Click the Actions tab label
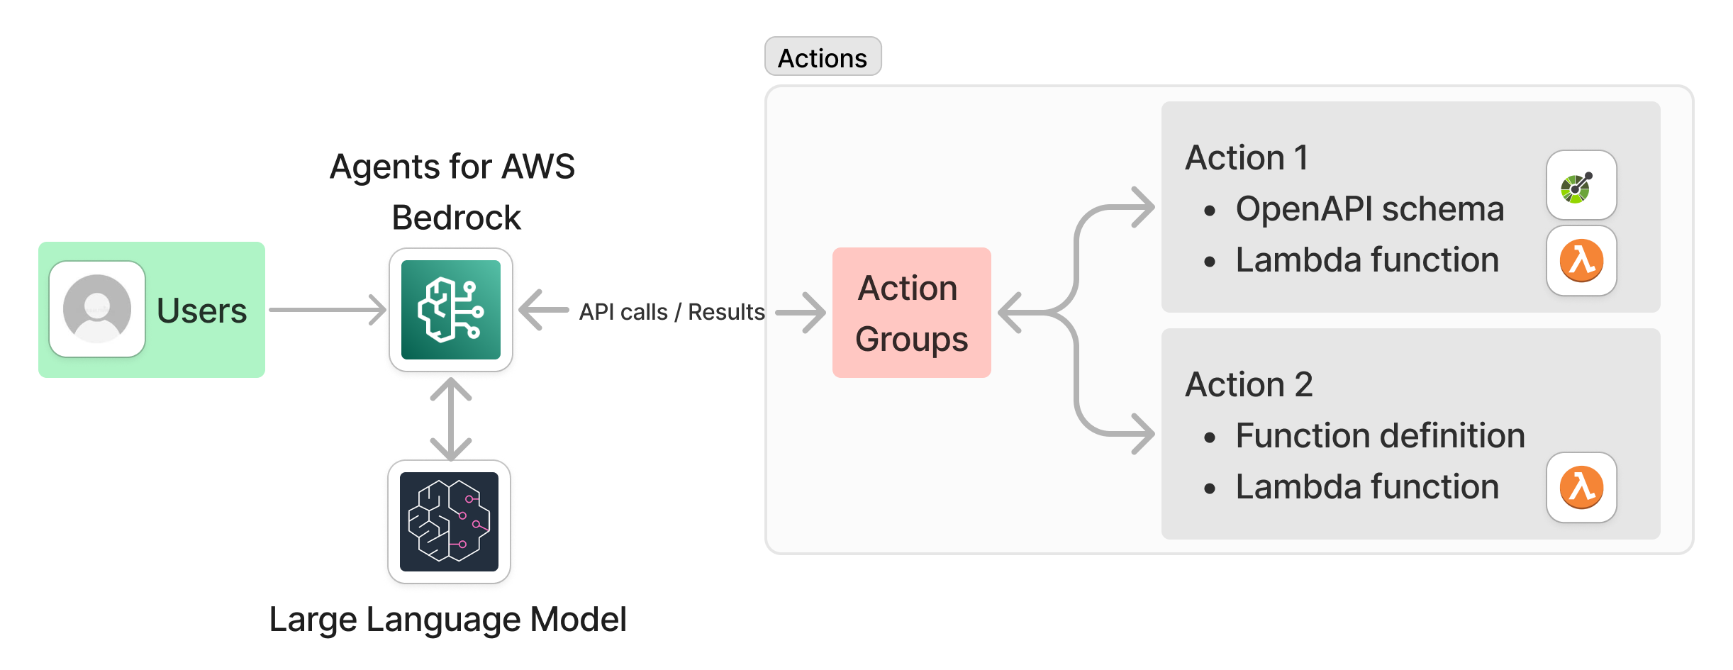pos(823,57)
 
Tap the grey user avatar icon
pos(97,309)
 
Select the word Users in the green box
pos(201,311)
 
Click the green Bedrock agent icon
pos(451,310)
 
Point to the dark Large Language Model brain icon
pos(450,522)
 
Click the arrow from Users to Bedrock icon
pos(328,310)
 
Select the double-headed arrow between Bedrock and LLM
pos(451,418)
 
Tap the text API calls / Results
pos(672,312)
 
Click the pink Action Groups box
pos(911,313)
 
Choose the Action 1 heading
pos(1247,157)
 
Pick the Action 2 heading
pos(1249,384)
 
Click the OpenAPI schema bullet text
pos(1369,209)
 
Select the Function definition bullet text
pos(1380,435)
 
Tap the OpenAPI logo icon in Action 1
pos(1581,186)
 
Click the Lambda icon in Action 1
pos(1581,260)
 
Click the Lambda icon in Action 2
pos(1581,487)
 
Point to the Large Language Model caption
pos(447,619)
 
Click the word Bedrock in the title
pos(456,218)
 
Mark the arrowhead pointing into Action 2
pos(1142,433)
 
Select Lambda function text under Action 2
pos(1367,487)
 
